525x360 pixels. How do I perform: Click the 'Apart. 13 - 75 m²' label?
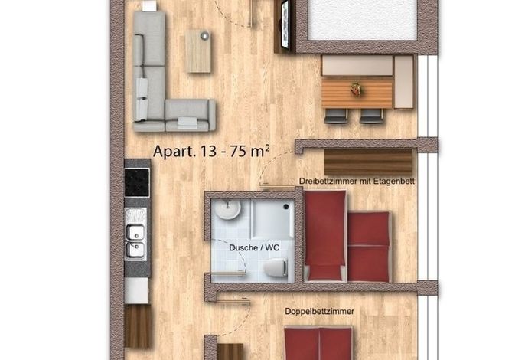pos(211,151)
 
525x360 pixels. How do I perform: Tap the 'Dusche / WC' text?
pos(254,247)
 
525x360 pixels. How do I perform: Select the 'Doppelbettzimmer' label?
pos(319,312)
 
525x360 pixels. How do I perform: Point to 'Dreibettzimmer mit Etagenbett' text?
pos(357,182)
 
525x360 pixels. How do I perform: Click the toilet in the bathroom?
pos(276,268)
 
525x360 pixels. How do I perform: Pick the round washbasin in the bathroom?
pos(228,209)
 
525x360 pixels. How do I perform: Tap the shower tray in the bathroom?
pos(272,219)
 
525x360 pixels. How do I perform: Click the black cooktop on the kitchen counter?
pos(137,182)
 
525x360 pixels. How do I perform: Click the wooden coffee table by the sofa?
pos(198,51)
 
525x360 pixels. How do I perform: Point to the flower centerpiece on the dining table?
pos(356,89)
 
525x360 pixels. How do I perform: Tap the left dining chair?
pos(336,116)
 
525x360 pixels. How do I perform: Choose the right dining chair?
pos(371,116)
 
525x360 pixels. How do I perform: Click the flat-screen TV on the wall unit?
pos(285,25)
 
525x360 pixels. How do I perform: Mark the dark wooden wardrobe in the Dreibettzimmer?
pos(368,162)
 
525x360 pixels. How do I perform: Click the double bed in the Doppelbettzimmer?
pos(318,344)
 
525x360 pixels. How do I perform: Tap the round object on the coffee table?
pos(204,35)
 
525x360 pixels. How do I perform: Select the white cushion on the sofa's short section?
pos(187,122)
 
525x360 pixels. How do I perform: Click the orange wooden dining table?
pos(357,92)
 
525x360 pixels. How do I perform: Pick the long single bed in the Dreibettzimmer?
pos(325,236)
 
